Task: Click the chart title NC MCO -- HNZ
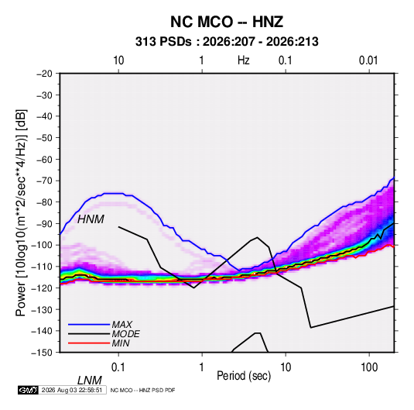tap(227, 22)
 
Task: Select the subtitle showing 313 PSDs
tap(227, 42)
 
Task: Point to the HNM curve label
tap(91, 219)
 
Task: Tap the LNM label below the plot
tap(89, 381)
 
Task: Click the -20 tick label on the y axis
tap(44, 74)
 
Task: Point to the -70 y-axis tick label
tap(44, 181)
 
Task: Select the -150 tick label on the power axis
tap(42, 353)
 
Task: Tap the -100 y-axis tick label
tap(42, 245)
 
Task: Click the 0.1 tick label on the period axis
tap(118, 367)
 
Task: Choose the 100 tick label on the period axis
tap(369, 367)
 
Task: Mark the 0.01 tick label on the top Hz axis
tap(368, 60)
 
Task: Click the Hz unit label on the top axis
tap(244, 60)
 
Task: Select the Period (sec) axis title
tap(244, 376)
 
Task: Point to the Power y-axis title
tap(21, 213)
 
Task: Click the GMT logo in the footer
tap(28, 390)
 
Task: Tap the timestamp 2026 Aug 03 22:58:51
tap(72, 390)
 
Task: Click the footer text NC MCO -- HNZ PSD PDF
tap(142, 390)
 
